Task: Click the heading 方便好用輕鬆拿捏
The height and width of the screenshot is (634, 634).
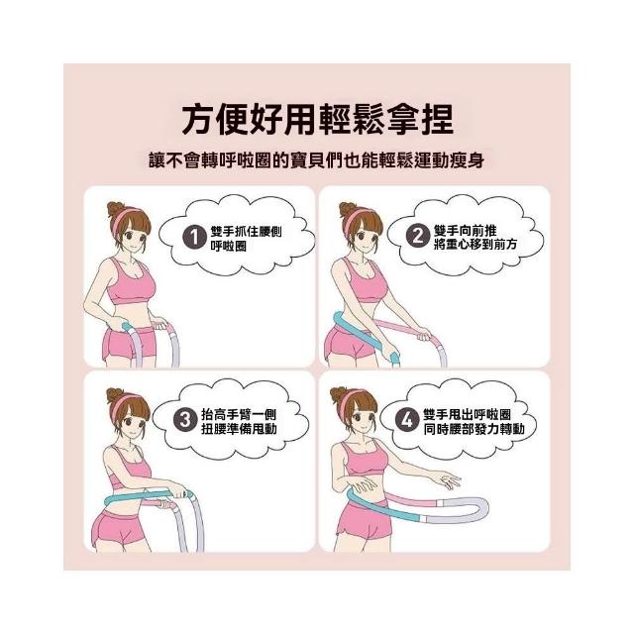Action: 317,120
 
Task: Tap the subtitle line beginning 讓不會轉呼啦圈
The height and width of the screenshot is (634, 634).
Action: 317,160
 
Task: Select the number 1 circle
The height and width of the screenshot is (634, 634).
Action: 194,238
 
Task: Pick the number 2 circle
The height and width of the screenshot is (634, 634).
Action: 417,236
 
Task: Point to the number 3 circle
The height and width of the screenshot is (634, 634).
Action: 185,420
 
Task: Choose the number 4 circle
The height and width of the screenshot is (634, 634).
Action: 406,420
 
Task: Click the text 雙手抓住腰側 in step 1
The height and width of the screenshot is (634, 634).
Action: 247,232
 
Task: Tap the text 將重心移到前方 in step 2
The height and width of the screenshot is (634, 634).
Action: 475,245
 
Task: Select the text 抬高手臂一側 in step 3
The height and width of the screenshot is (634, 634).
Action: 239,414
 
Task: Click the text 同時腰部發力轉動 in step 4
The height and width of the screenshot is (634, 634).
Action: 474,429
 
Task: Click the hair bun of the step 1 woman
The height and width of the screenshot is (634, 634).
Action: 115,209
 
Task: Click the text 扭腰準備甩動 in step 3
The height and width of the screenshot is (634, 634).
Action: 239,429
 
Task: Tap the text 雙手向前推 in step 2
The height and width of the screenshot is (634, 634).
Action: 465,231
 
